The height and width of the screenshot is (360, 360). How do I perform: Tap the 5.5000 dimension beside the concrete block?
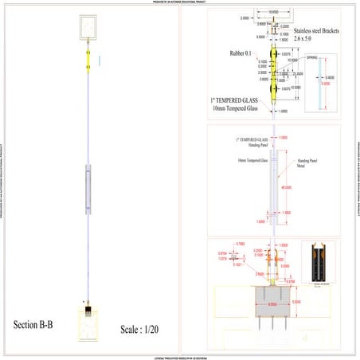(x=296, y=302)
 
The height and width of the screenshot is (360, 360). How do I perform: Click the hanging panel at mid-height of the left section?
(x=88, y=185)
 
